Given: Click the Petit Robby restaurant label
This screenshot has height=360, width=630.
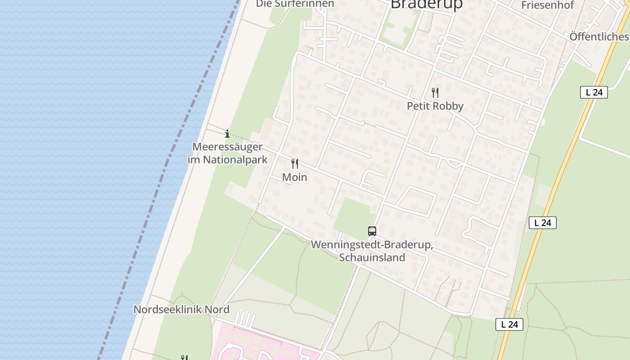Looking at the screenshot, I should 435,106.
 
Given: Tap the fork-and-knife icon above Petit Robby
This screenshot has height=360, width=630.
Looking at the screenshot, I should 435,93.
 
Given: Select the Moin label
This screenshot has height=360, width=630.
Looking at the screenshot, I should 295,177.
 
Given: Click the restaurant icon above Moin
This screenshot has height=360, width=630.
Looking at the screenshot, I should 295,164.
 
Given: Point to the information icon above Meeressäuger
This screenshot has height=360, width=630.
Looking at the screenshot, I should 227,134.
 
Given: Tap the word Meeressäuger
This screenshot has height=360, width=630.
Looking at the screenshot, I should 227,147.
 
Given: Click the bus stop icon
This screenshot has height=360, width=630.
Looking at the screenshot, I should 372,231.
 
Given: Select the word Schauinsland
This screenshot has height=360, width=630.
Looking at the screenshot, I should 372,257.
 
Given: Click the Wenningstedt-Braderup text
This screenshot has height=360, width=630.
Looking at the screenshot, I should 372,245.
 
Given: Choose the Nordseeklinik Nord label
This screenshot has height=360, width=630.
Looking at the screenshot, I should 181,310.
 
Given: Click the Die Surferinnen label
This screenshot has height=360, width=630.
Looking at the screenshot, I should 295,4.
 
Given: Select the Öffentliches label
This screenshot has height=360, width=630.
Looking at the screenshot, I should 599,36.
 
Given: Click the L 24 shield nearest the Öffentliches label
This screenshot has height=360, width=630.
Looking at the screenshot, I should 594,92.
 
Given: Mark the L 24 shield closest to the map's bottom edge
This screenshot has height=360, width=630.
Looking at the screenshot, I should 509,324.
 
